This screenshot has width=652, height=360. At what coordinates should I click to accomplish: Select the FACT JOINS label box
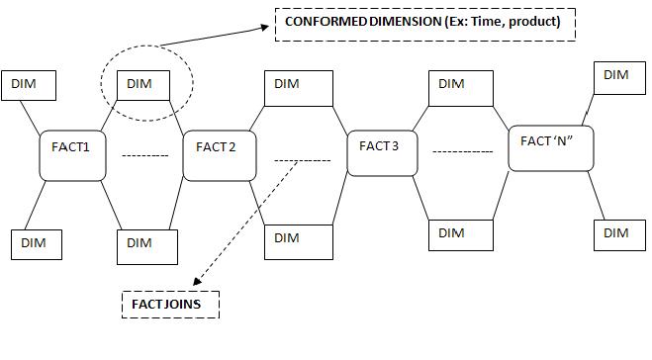(169, 304)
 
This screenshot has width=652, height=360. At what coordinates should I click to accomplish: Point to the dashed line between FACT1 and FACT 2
(144, 155)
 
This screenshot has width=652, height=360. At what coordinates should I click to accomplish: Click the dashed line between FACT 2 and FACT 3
(302, 159)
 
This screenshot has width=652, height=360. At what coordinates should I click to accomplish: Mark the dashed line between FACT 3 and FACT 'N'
(462, 151)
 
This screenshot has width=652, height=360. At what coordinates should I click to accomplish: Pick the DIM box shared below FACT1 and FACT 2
(147, 244)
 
